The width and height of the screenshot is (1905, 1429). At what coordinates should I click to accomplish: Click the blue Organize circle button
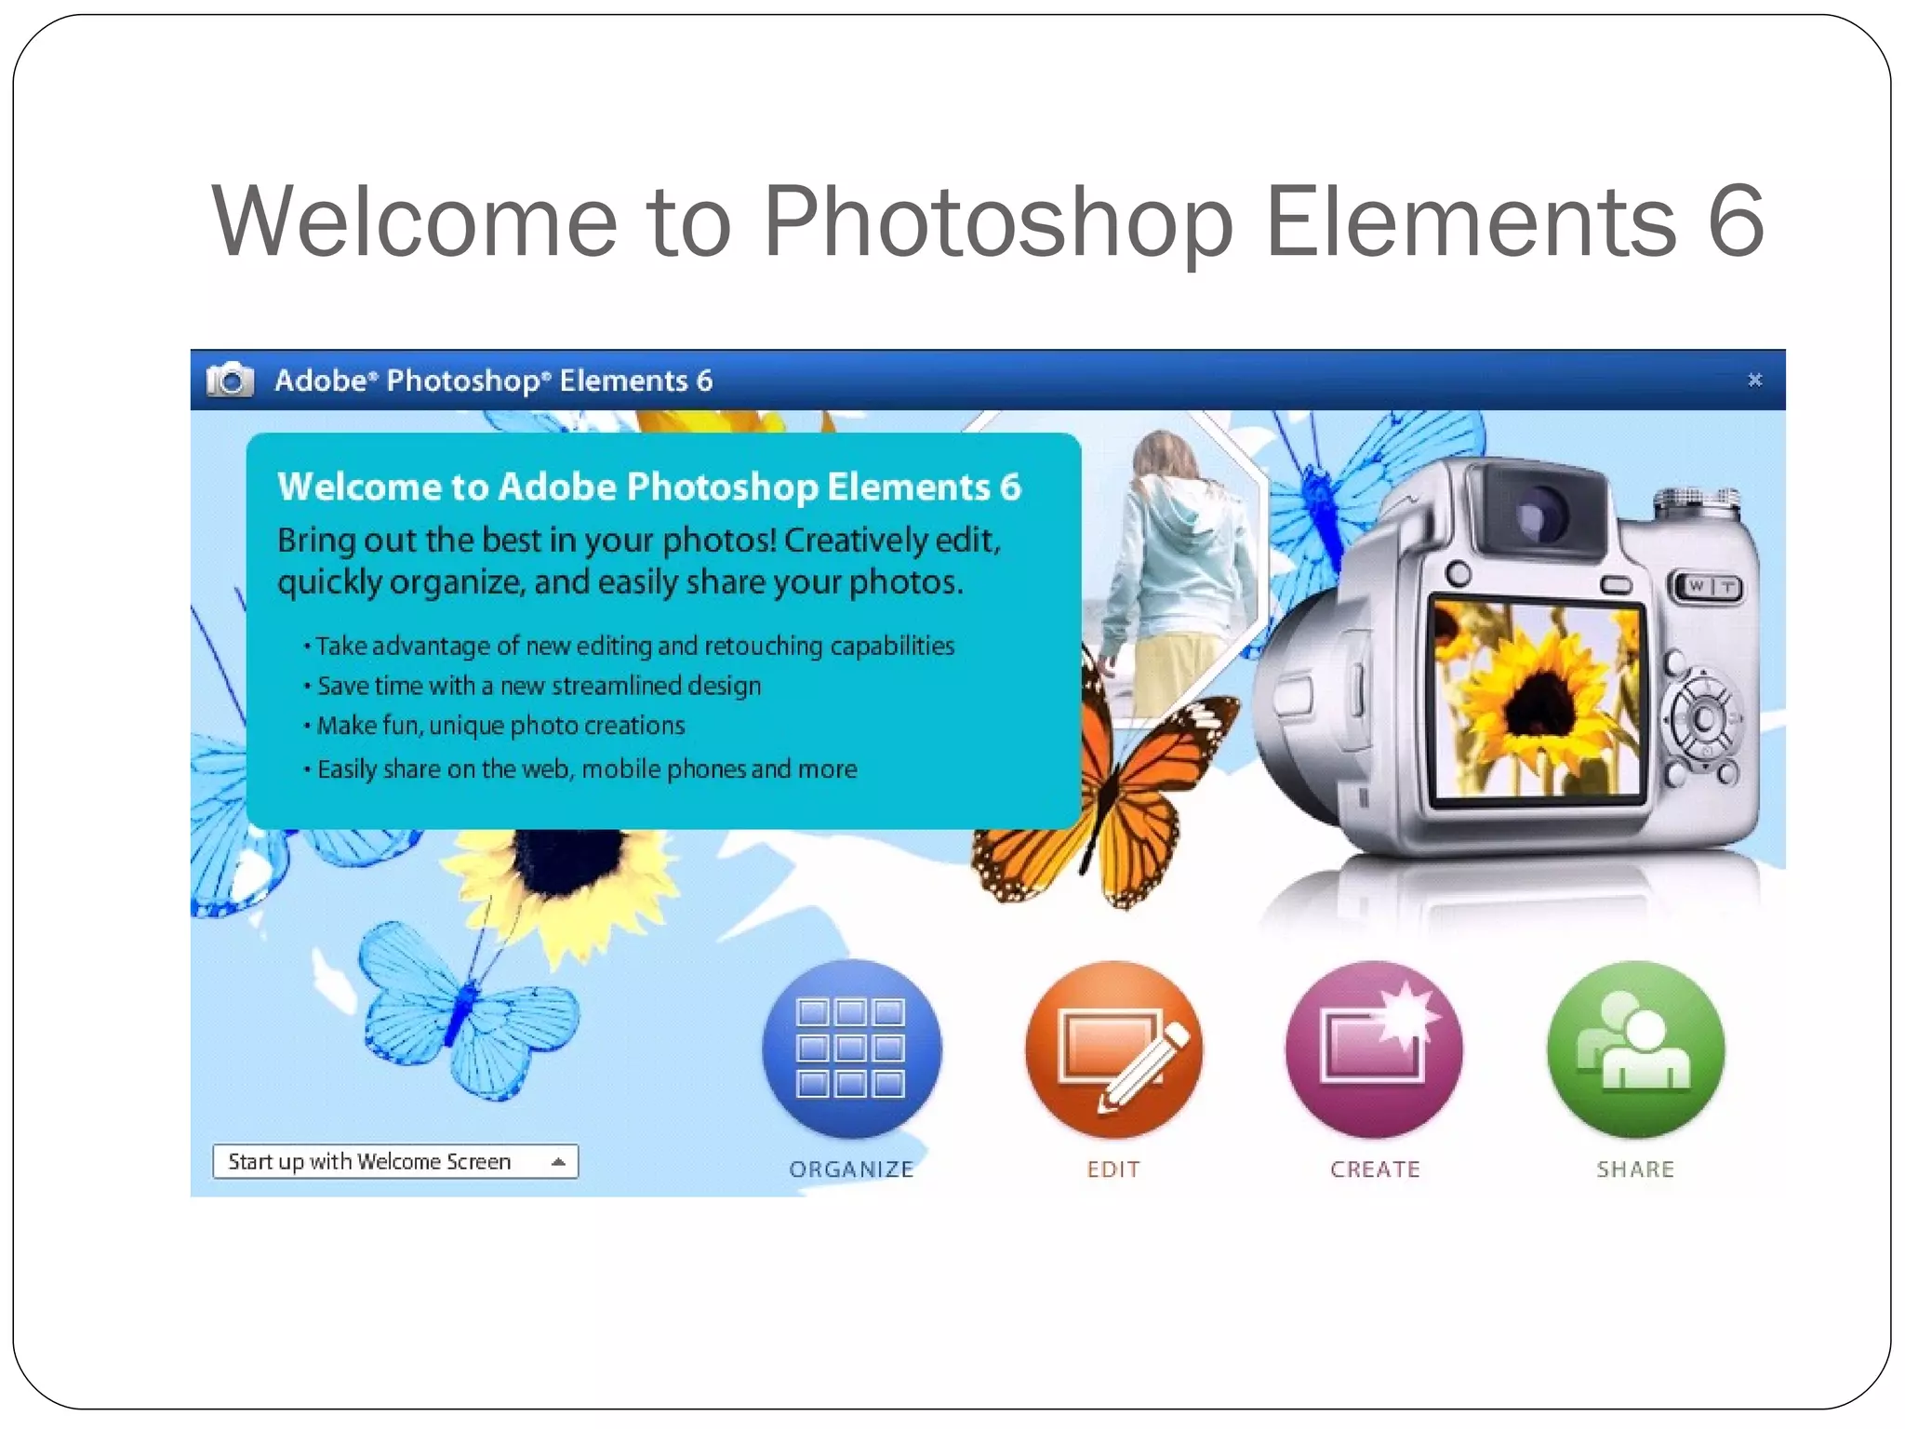[x=851, y=1048]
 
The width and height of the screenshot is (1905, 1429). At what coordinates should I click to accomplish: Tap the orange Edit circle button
[x=1113, y=1048]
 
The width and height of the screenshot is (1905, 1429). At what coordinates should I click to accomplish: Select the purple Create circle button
[x=1374, y=1048]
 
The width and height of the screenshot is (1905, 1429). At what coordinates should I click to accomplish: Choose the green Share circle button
[x=1635, y=1048]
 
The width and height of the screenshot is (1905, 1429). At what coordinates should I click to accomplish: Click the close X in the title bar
[x=1754, y=380]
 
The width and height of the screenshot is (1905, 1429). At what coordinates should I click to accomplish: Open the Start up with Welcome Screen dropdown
[x=394, y=1161]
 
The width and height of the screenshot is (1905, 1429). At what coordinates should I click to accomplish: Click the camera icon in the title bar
[x=230, y=380]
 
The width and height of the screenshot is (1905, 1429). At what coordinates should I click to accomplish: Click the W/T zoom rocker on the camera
[x=1711, y=586]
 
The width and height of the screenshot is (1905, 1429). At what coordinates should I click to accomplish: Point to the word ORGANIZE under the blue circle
[x=851, y=1169]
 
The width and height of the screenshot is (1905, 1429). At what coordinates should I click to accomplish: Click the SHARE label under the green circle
[x=1635, y=1169]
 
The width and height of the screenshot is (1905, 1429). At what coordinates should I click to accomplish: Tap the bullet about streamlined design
[x=539, y=686]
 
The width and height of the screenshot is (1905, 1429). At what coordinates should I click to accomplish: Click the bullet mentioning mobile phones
[x=586, y=768]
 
